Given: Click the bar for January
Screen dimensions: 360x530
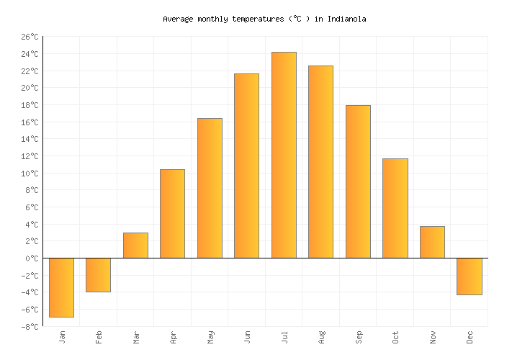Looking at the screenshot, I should coord(61,287).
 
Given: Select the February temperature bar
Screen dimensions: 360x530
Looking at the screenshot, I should coord(99,274).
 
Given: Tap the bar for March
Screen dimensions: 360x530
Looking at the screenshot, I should coord(135,246).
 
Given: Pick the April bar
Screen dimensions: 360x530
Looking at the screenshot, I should coord(172,214).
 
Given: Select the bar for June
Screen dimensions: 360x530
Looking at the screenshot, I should coord(246,166).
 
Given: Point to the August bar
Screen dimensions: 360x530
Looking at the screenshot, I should coord(320,162).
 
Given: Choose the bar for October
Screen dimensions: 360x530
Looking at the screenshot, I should coord(395,208).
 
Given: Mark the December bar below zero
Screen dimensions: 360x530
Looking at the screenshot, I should coord(470,276).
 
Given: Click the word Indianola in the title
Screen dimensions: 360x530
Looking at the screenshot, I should coord(347,19).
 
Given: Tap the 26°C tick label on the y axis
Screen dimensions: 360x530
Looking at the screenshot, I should coord(30,37).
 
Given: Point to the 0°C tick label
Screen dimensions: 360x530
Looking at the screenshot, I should coord(32,258).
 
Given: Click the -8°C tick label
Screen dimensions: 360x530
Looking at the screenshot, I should coord(30,327).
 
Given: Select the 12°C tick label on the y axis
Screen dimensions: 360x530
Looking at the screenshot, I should coord(30,156).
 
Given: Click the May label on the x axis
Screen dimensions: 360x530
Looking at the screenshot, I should coord(210,337).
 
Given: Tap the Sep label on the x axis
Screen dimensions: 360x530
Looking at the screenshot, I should coord(359,337).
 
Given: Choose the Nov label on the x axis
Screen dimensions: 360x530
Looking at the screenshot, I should coord(433,337).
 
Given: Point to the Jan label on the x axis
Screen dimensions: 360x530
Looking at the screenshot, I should coord(62,337).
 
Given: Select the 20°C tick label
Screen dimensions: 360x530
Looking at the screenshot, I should coord(30,88).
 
